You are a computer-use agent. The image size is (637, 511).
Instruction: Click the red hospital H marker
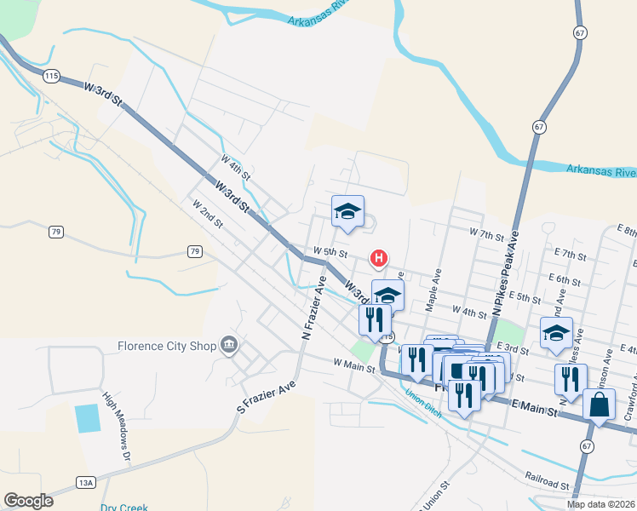coord(379,257)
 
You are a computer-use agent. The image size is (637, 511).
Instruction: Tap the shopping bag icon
coord(600,405)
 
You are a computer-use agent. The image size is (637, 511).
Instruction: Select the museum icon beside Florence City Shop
coord(228,345)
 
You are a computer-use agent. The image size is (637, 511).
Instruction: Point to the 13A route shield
coord(85,482)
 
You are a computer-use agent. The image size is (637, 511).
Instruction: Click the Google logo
coord(28,501)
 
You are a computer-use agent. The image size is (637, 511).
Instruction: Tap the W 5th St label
coord(330,252)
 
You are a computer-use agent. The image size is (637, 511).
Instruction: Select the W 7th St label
coord(488,232)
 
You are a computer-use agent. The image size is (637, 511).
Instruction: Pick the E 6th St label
coord(565,279)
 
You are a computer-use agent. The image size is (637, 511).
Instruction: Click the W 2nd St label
coord(207,215)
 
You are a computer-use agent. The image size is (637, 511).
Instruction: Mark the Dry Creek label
coord(124,508)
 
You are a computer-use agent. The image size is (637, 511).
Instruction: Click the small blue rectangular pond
coord(87,418)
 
